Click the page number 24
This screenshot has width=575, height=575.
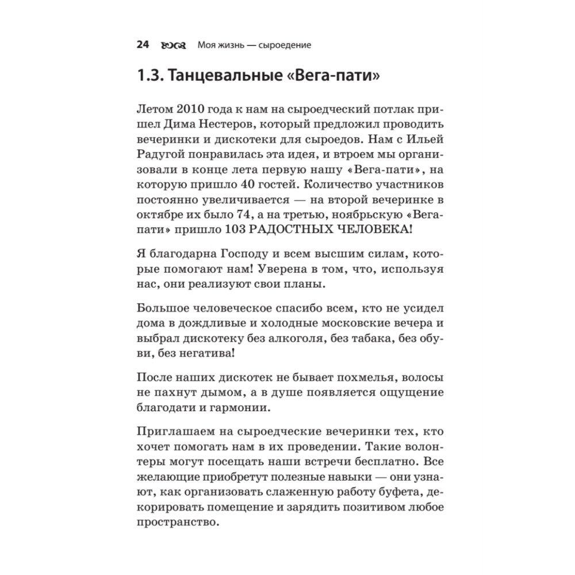click(x=143, y=45)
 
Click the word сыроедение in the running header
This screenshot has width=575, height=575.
click(x=287, y=45)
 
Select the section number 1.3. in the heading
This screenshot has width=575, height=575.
click(x=151, y=76)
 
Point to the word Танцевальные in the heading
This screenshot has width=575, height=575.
click(x=223, y=76)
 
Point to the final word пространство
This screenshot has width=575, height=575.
click(x=179, y=523)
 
